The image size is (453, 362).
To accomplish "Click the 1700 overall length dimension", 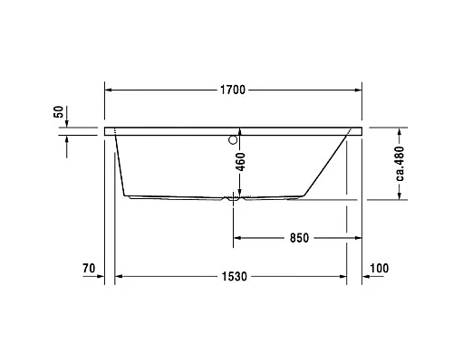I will pyautogui.click(x=234, y=90).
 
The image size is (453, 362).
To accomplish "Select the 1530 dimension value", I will pyautogui.click(x=234, y=275).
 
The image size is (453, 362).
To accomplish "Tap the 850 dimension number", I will pyautogui.click(x=299, y=239).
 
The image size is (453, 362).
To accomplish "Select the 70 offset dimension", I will pyautogui.click(x=89, y=268).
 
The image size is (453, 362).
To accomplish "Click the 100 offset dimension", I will pyautogui.click(x=379, y=268).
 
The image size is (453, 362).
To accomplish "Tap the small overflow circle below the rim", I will pyautogui.click(x=234, y=140).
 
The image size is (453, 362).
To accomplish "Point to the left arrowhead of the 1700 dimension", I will pyautogui.click(x=111, y=90).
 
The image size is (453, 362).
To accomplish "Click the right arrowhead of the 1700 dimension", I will pyautogui.click(x=360, y=90).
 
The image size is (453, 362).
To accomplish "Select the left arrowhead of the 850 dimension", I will pyautogui.click(x=239, y=239).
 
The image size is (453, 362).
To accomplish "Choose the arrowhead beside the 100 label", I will pyautogui.click(x=367, y=275).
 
